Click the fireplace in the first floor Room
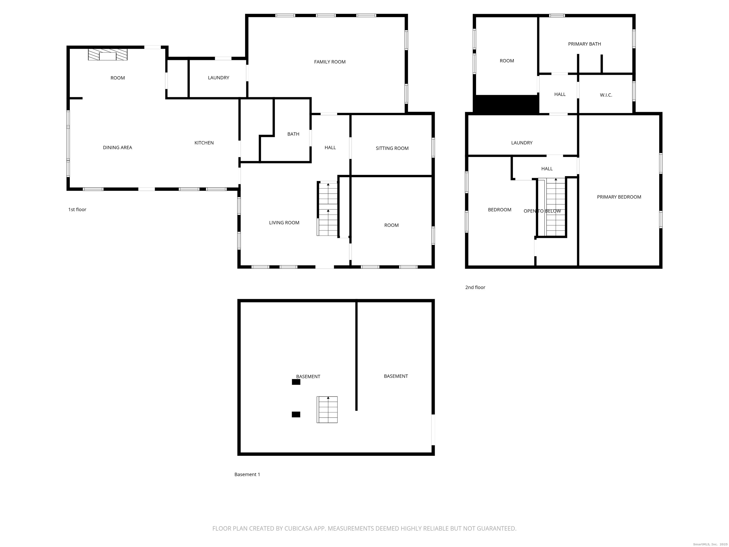107,55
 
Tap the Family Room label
330,62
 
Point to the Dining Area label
117,147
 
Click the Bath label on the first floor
293,134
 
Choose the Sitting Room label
392,148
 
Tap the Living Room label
284,222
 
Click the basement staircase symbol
327,410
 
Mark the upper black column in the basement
296,382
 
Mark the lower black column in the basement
296,415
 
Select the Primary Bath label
584,44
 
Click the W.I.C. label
606,95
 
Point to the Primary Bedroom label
619,197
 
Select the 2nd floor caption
475,287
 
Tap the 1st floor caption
77,209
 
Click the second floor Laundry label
521,143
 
